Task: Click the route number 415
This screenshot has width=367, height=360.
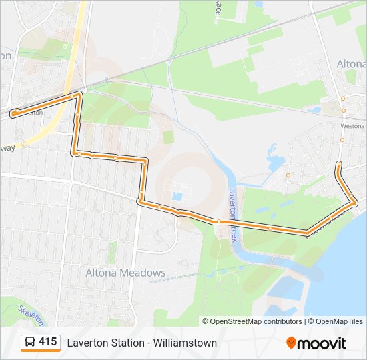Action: tap(47, 342)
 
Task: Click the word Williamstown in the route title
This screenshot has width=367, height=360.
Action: tap(185, 343)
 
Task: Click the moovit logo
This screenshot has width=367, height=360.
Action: tap(316, 343)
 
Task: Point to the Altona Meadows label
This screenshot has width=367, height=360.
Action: tap(125, 273)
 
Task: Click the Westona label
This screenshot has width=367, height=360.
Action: tap(352, 125)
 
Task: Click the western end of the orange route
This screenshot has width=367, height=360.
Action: tap(13, 113)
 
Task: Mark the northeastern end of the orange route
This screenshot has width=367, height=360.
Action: tap(339, 163)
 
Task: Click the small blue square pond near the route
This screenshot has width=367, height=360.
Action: tap(176, 197)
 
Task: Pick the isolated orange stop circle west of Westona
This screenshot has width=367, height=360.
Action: tap(288, 175)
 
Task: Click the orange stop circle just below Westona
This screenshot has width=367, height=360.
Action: tap(342, 140)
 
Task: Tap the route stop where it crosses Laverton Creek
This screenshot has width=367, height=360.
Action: tap(218, 221)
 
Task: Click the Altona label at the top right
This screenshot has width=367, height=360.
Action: tap(352, 64)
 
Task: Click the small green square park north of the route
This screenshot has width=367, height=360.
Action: tap(168, 137)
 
